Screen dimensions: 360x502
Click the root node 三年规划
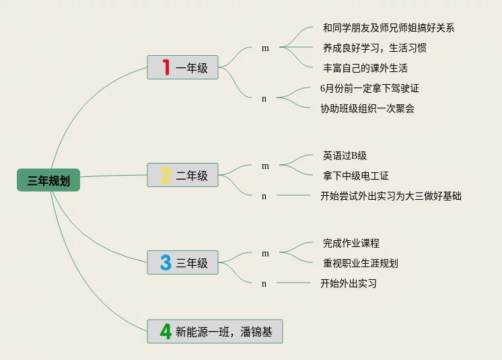(48, 180)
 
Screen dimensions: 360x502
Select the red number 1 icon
(166, 67)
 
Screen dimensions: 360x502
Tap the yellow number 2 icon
(166, 176)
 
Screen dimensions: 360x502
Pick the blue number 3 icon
(166, 262)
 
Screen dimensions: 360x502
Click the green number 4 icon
(166, 331)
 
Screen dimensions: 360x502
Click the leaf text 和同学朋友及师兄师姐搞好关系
(388, 28)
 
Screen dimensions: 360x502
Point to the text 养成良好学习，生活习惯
(374, 48)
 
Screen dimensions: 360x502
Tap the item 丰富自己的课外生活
(365, 68)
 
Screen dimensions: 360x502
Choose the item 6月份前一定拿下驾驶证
(369, 88)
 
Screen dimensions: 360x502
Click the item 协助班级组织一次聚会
(367, 108)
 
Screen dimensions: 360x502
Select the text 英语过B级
(345, 155)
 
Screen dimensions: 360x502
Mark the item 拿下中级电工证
(355, 176)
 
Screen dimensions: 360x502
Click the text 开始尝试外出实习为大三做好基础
(390, 196)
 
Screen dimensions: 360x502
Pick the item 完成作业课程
(351, 243)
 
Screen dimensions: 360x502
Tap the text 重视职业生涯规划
(360, 263)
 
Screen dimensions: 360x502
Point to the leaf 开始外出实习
(348, 283)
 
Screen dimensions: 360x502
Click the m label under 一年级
(265, 48)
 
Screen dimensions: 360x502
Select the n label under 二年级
(264, 196)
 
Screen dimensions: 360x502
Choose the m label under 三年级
(265, 253)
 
